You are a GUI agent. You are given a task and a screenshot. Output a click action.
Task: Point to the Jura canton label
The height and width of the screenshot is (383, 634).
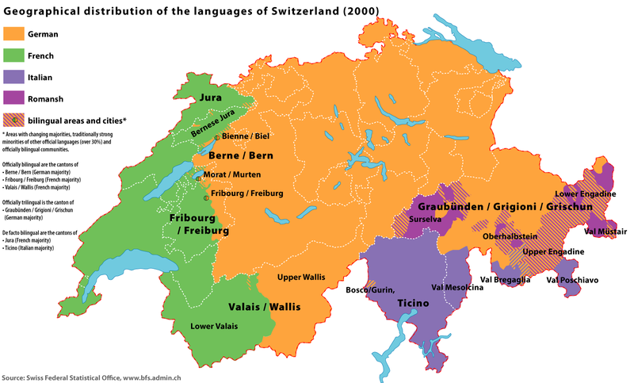point(210,98)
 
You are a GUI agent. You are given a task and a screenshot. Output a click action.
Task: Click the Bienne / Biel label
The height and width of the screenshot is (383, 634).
point(246,136)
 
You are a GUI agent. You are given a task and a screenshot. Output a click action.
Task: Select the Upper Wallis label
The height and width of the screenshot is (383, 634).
point(301,278)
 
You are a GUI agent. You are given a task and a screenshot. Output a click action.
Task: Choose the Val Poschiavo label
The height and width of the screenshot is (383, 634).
point(572,280)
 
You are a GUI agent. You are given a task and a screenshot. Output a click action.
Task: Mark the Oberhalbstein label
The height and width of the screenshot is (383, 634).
point(507,236)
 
